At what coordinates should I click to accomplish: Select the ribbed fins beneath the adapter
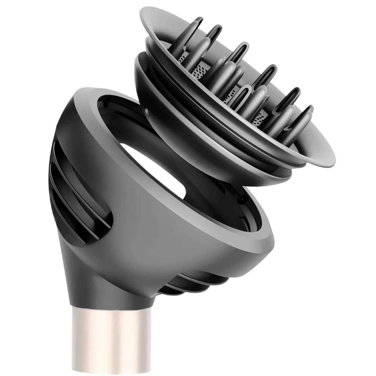tap(194, 276)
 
